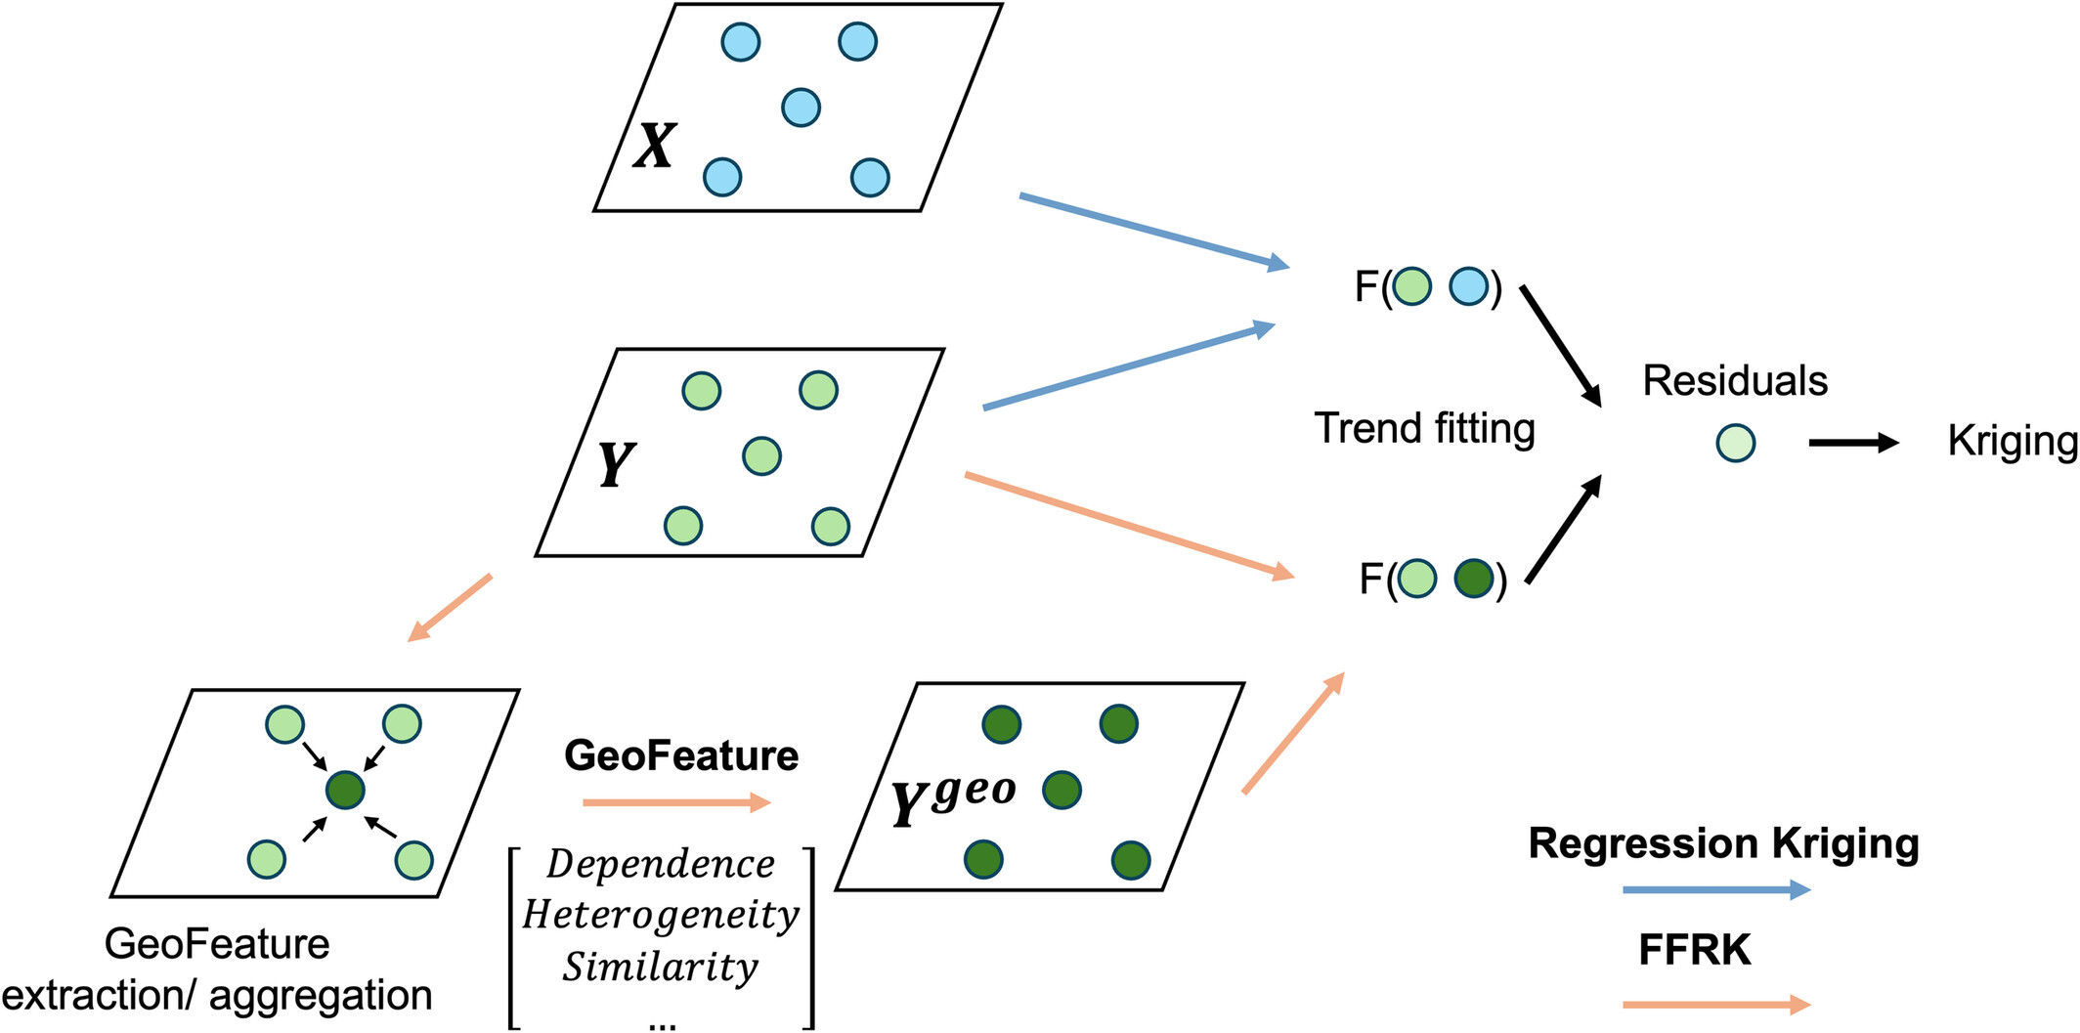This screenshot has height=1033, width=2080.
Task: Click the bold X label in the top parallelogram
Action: tap(654, 147)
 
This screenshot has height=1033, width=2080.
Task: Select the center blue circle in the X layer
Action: tap(801, 108)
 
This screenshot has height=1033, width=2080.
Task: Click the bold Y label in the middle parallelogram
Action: tap(615, 464)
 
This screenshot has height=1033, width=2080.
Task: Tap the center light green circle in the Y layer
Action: tap(761, 455)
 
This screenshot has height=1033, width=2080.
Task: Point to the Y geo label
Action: tap(953, 799)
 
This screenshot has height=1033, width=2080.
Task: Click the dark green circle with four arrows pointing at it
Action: tap(345, 790)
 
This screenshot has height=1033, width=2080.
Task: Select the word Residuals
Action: tap(1734, 380)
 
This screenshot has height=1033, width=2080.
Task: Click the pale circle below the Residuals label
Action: tap(1735, 443)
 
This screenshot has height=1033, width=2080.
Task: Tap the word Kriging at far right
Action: tap(2012, 441)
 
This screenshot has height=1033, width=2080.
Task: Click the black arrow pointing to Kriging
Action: tap(1851, 443)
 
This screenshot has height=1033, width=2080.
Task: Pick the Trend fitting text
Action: tap(1424, 428)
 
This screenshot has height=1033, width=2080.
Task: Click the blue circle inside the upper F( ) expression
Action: tap(1468, 286)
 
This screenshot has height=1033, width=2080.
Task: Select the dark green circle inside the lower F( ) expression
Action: tap(1473, 579)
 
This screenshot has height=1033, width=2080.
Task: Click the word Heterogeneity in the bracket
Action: tap(661, 916)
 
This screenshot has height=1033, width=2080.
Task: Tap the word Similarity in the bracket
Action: tap(661, 967)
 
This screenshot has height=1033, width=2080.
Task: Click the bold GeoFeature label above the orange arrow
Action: tap(681, 755)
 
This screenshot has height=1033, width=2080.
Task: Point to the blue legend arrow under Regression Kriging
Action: tap(1715, 889)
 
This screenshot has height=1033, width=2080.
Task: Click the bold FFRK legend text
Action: tap(1694, 949)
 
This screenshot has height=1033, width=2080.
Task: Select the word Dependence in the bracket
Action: tap(661, 864)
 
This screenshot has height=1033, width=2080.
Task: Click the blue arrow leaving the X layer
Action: tap(1153, 231)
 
